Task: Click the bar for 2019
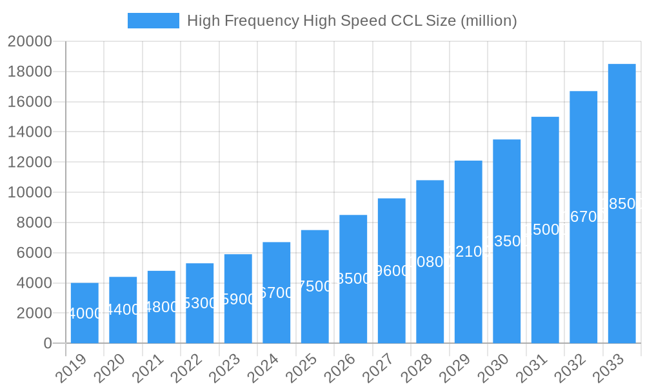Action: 84,313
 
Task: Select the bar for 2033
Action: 622,203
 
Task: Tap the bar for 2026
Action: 353,279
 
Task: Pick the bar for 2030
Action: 507,241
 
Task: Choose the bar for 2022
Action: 200,303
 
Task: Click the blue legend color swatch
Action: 154,21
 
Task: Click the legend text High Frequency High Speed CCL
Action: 352,21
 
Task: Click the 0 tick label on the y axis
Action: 48,344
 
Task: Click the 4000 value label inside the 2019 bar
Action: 84,313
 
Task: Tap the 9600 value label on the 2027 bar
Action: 392,271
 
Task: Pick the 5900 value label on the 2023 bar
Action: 238,299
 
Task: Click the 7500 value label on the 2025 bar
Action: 315,286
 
